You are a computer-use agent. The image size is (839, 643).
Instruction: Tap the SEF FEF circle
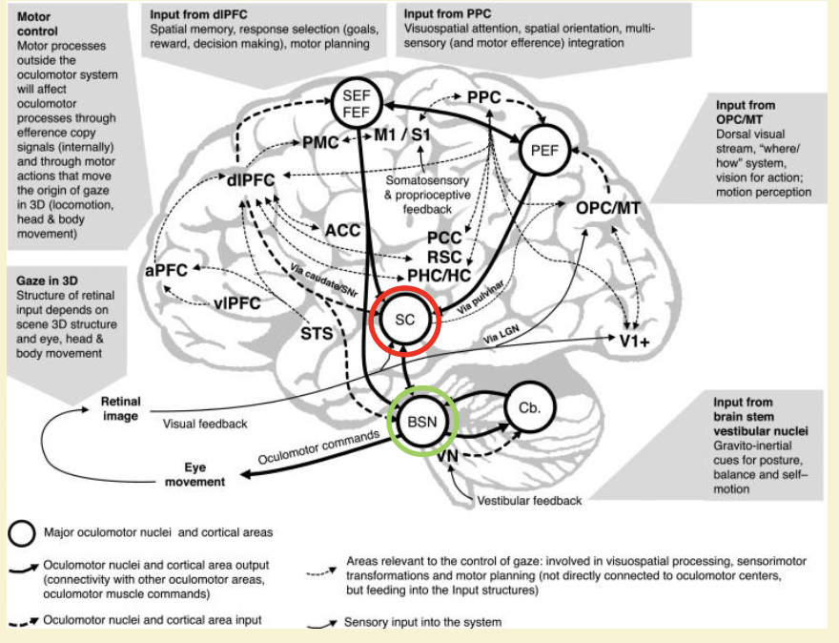tap(355, 101)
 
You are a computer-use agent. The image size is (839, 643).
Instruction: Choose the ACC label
tap(341, 230)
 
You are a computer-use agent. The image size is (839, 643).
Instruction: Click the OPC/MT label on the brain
tap(608, 207)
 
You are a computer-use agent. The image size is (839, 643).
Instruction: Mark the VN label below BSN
tap(448, 458)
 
